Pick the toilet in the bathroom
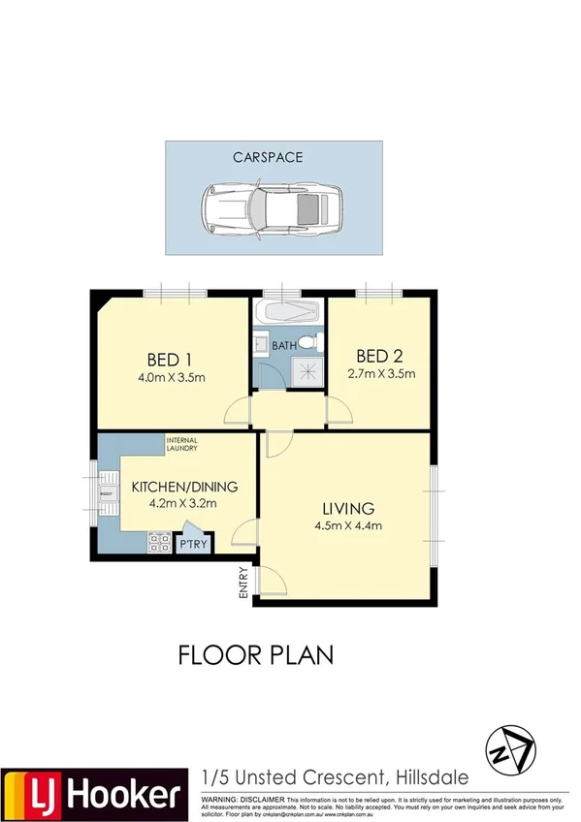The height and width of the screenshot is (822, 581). click(307, 342)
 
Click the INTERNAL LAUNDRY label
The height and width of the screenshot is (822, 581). click(181, 444)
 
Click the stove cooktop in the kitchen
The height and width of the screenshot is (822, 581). click(158, 543)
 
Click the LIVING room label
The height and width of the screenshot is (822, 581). click(348, 508)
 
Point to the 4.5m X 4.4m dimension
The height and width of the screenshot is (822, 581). click(348, 526)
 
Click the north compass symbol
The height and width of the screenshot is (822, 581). click(508, 749)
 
